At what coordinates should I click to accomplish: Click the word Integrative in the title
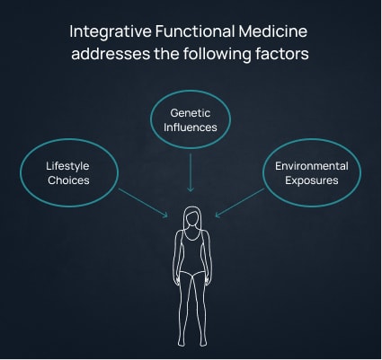coord(111,32)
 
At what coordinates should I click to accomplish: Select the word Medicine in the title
coord(273,31)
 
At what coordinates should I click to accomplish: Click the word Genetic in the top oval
coord(191,113)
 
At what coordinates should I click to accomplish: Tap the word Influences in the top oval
coord(191,127)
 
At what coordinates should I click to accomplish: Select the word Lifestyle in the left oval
coord(67,167)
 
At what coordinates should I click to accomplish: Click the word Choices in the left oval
coord(68,180)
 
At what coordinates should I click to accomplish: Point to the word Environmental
coord(312,166)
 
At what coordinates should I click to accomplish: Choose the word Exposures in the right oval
coord(312,181)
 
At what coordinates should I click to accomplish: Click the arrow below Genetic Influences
coord(191,172)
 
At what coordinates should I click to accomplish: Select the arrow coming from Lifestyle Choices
coord(143,203)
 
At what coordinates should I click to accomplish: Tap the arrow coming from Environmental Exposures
coord(240,203)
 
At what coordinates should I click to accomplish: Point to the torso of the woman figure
coord(191,251)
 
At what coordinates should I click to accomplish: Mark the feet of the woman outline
coord(192,342)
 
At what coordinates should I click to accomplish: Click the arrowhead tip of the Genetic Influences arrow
coord(191,191)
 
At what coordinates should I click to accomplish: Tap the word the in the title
coord(166,54)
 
